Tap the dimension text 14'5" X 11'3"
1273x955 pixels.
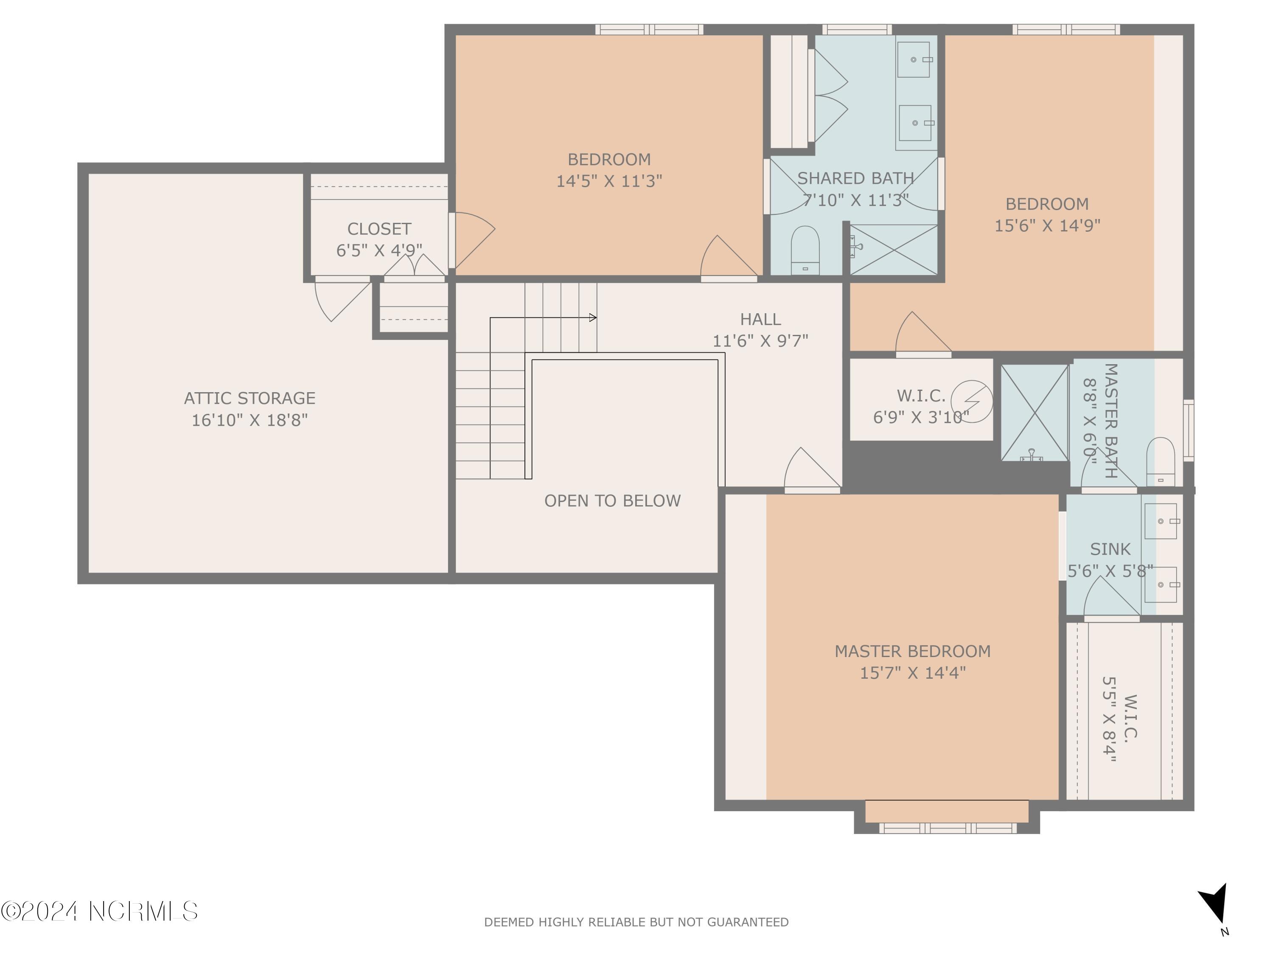tap(609, 181)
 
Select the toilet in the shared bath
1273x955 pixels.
tap(805, 250)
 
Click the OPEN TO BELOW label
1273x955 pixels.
tap(612, 501)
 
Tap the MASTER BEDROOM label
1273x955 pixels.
tap(912, 651)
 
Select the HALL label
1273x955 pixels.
tap(760, 319)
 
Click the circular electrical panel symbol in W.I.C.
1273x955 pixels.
tap(971, 401)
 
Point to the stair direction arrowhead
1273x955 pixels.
tap(593, 317)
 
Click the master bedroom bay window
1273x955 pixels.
tap(947, 828)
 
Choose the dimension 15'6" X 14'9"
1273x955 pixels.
tap(1047, 225)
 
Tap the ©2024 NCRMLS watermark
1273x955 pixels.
tap(99, 911)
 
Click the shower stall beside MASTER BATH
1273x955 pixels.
tap(1034, 413)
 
